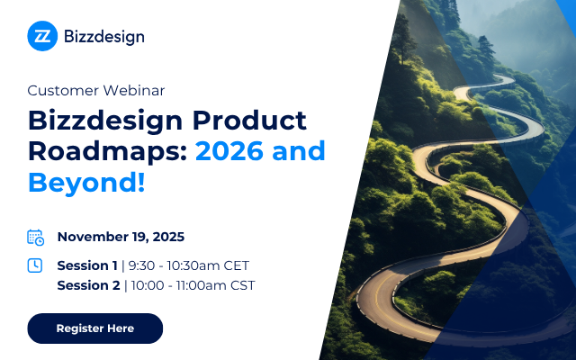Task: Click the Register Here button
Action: (x=94, y=328)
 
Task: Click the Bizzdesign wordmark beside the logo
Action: (x=103, y=37)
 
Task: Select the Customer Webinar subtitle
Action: (x=96, y=90)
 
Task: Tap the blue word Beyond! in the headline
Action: (x=85, y=181)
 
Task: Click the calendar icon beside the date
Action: (x=35, y=238)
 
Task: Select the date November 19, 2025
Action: (x=121, y=238)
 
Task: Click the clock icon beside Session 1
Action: (x=35, y=265)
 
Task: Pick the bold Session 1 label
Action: (x=87, y=265)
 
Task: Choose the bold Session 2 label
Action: (x=88, y=286)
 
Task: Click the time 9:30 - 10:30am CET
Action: (x=189, y=265)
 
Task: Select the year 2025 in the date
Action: (x=167, y=238)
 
